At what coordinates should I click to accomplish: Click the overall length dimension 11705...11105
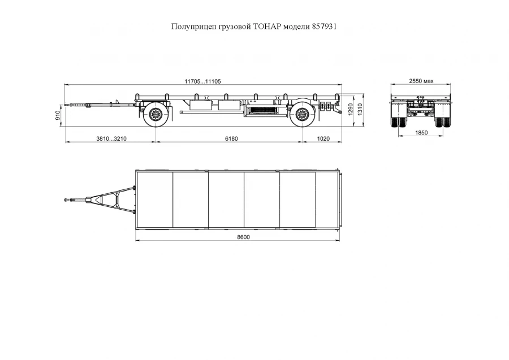click(202, 81)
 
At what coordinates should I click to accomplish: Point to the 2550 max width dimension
click(421, 81)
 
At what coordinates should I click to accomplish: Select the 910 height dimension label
click(58, 116)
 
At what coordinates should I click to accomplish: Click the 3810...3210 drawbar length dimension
click(111, 138)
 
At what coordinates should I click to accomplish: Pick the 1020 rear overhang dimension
click(323, 138)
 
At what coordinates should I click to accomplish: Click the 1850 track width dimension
click(421, 133)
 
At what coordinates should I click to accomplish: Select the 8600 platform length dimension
click(243, 237)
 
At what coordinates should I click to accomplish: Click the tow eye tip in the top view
click(67, 199)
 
